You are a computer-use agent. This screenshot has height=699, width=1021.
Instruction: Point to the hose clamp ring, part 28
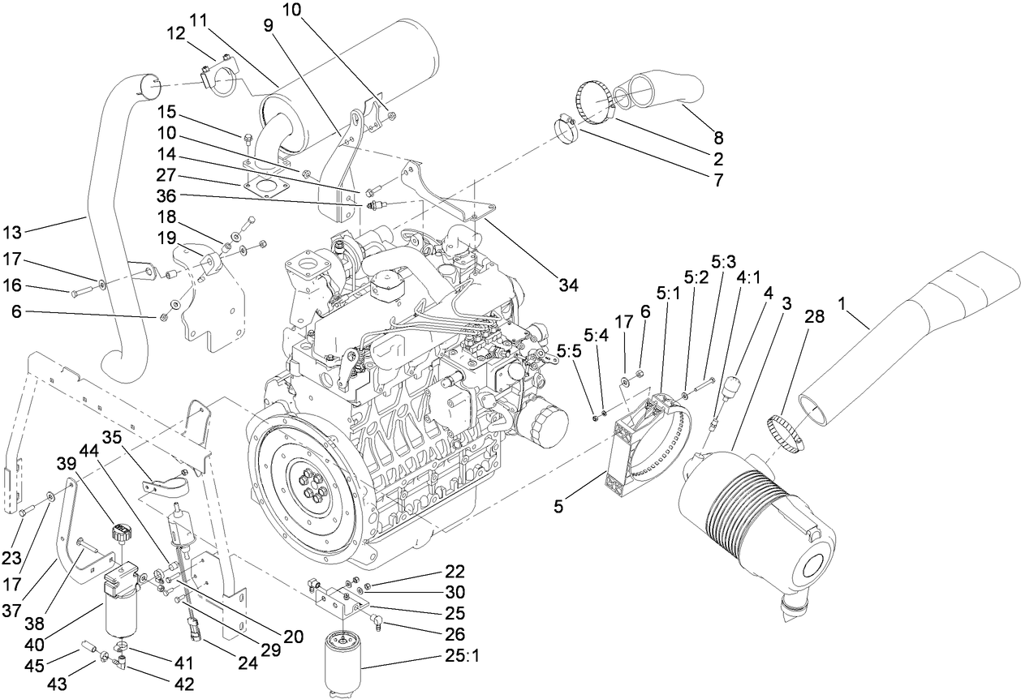[x=787, y=431]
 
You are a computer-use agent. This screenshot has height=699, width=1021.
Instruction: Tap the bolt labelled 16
[x=81, y=289]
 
